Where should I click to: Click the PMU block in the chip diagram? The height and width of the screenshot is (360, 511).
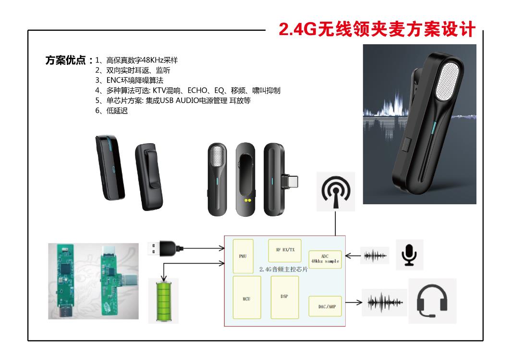pos(243,256)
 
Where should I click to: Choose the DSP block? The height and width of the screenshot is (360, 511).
pos(284,297)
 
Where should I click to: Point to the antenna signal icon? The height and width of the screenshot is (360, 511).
pos(336,191)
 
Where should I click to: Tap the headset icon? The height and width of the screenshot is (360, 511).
pos(432,301)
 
